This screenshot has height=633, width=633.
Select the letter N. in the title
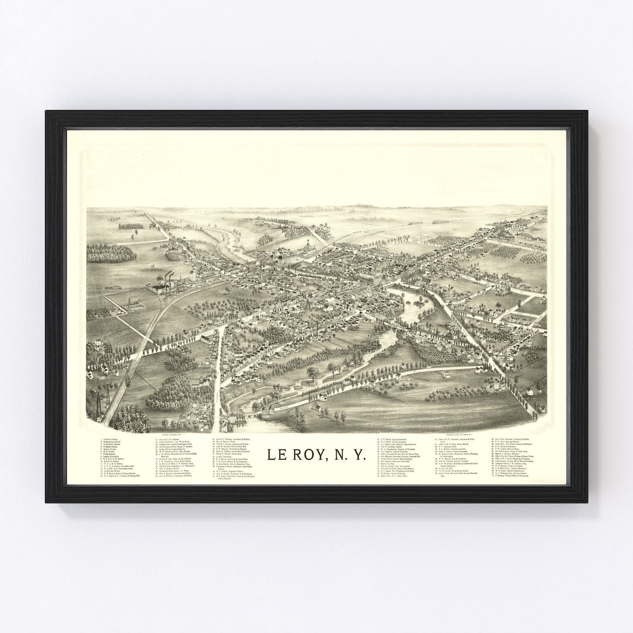(x=343, y=454)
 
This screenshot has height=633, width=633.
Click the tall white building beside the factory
(x=193, y=274)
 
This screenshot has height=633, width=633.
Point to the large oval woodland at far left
(x=111, y=253)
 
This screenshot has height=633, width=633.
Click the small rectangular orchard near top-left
(x=131, y=226)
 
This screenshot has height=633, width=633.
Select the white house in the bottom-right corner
(x=529, y=390)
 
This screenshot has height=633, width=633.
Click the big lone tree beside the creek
(x=313, y=371)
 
